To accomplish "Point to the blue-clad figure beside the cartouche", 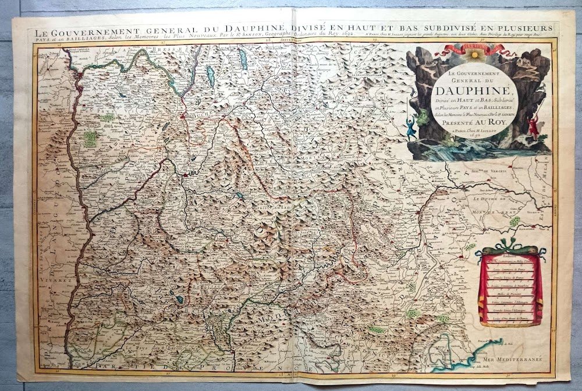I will [x=411, y=125].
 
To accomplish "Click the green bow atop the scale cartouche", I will [x=510, y=249].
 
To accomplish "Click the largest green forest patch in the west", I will [x=90, y=138].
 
